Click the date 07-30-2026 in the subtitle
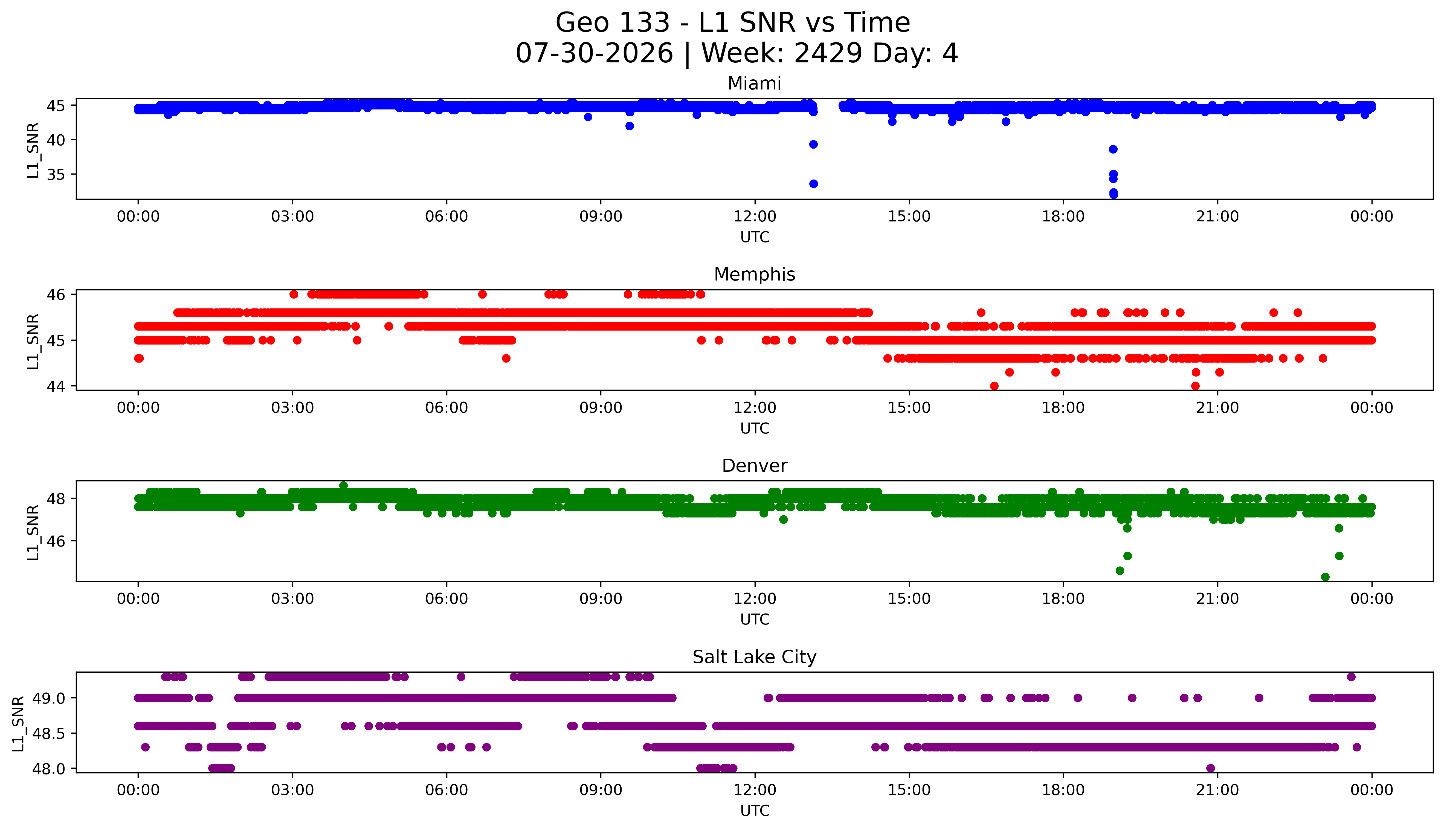pyautogui.click(x=594, y=54)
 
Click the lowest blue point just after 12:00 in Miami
pyautogui.click(x=813, y=184)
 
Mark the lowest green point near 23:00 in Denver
pyautogui.click(x=1325, y=577)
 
